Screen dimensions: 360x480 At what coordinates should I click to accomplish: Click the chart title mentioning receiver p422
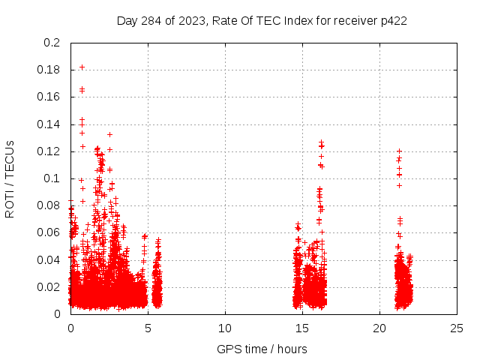262,20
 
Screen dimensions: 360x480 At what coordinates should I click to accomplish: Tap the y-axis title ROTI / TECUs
10,178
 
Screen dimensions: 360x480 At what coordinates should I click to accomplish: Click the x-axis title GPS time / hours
262,349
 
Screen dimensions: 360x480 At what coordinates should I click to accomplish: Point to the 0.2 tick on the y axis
52,43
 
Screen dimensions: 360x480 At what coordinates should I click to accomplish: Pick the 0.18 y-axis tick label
49,70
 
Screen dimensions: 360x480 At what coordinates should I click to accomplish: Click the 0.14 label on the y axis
49,124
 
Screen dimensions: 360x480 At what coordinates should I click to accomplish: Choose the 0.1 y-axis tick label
52,178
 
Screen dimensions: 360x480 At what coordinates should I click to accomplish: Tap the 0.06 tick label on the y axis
49,232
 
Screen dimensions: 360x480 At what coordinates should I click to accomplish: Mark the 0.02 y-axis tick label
49,287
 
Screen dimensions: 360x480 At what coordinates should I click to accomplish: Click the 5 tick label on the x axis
148,328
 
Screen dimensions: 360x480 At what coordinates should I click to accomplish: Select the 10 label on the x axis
225,328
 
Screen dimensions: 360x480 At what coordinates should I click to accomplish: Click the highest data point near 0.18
82,67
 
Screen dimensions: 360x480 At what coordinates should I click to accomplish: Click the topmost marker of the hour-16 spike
321,141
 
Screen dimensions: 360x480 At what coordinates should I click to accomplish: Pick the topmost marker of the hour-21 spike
399,151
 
